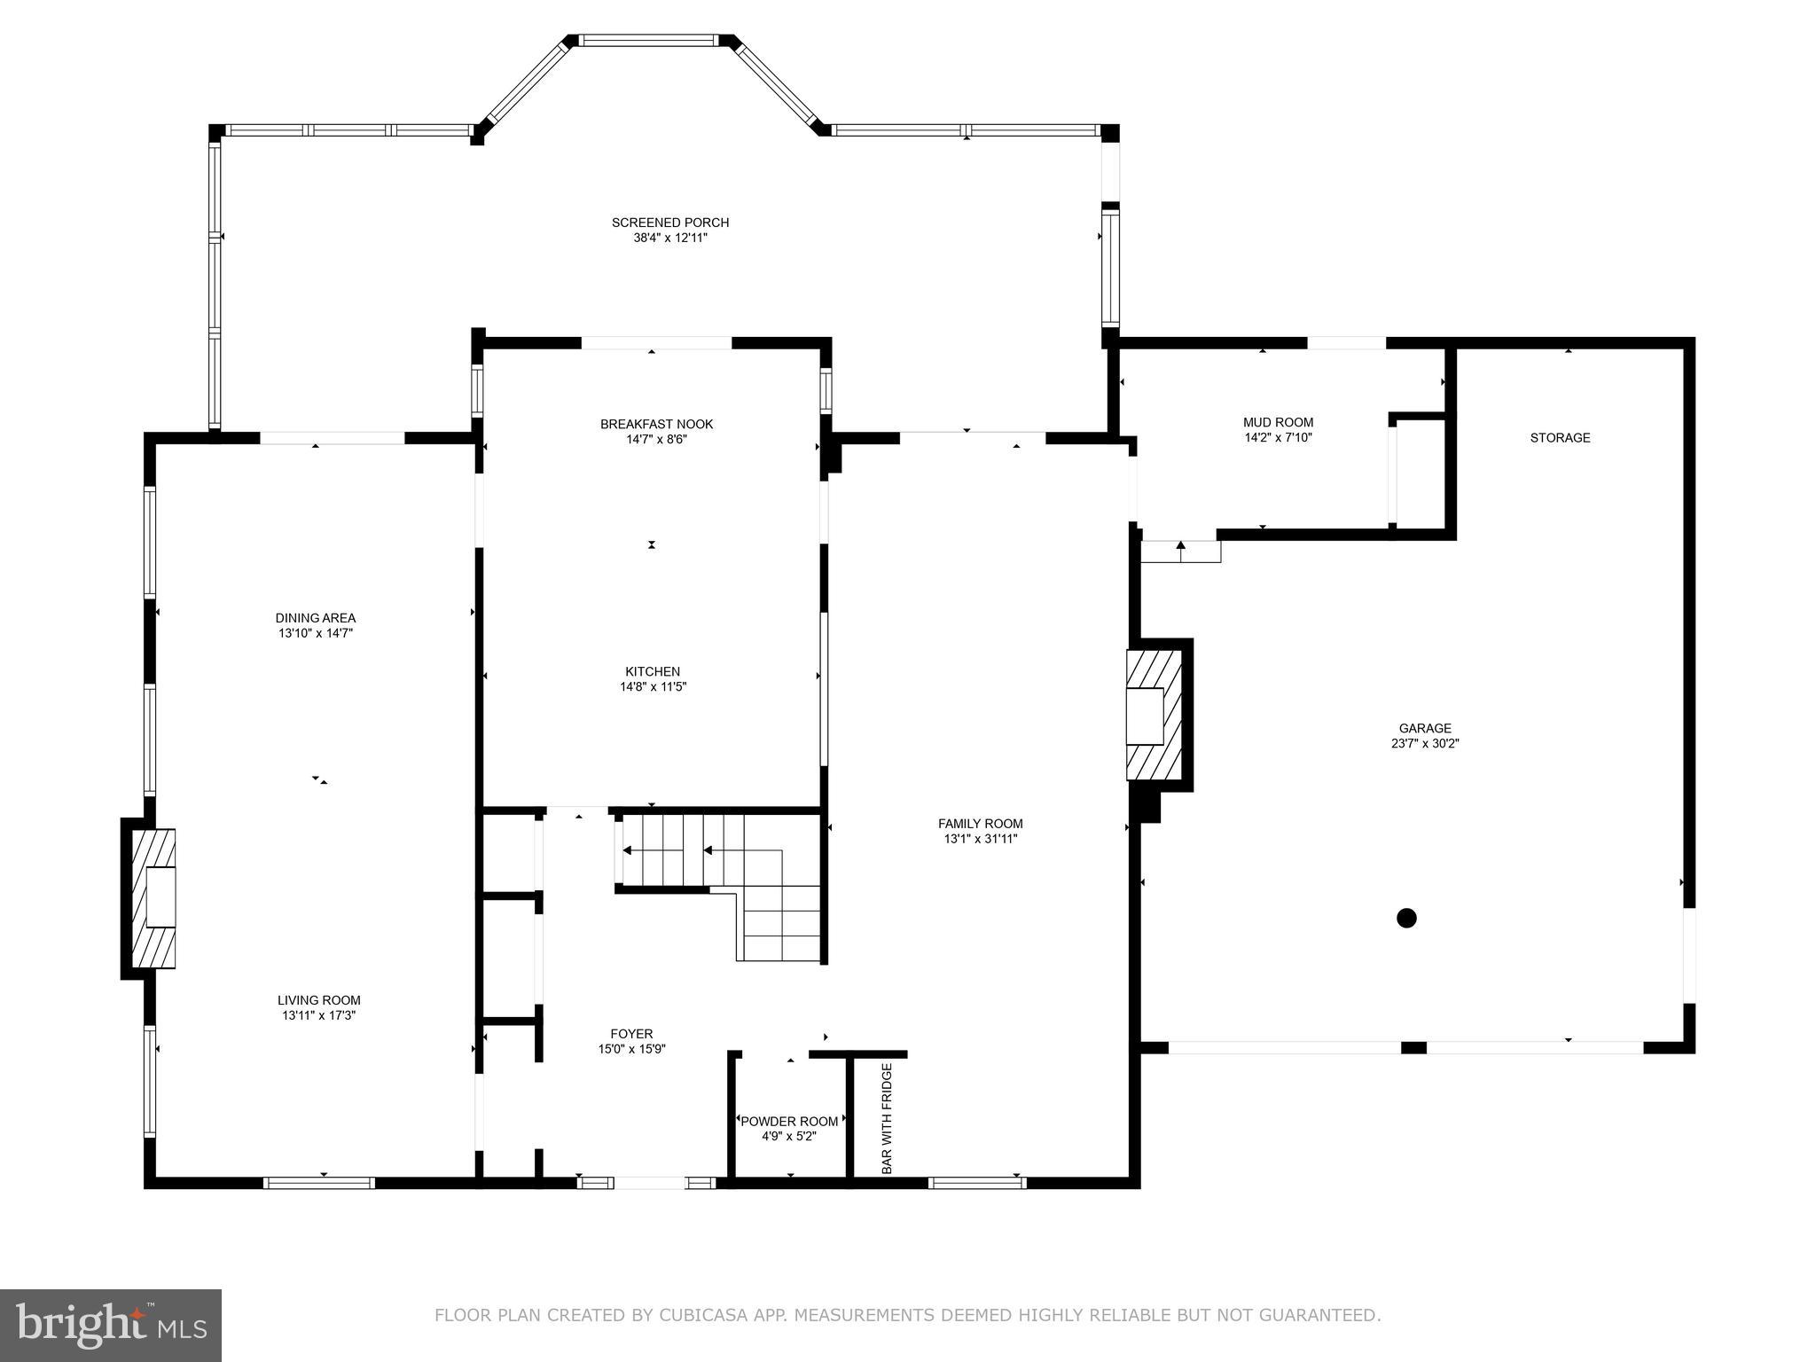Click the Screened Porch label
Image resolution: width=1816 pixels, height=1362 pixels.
[669, 223]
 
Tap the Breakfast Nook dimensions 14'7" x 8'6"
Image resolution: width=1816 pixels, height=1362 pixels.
[656, 439]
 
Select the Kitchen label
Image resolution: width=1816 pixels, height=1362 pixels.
[653, 671]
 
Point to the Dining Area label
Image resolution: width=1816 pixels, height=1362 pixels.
[315, 618]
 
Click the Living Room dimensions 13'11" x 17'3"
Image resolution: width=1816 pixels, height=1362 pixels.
[318, 1015]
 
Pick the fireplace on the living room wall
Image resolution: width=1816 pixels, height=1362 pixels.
[153, 898]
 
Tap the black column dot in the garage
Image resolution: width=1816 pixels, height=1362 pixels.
[1406, 918]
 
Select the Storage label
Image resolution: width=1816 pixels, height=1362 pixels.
[1560, 437]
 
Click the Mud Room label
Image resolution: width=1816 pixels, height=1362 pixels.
[1278, 422]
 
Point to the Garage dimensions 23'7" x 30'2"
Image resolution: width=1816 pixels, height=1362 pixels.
[1425, 744]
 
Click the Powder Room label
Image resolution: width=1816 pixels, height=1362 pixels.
[789, 1121]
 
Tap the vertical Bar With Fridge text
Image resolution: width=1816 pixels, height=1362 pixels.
[887, 1119]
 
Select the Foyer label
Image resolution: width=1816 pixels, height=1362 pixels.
[631, 1033]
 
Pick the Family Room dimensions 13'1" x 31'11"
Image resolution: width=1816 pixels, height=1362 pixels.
[980, 838]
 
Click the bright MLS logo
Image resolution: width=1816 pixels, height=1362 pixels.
[110, 1325]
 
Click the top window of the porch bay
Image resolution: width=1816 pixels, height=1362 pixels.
[648, 40]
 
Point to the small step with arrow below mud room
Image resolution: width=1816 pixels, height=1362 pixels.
[1180, 551]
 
